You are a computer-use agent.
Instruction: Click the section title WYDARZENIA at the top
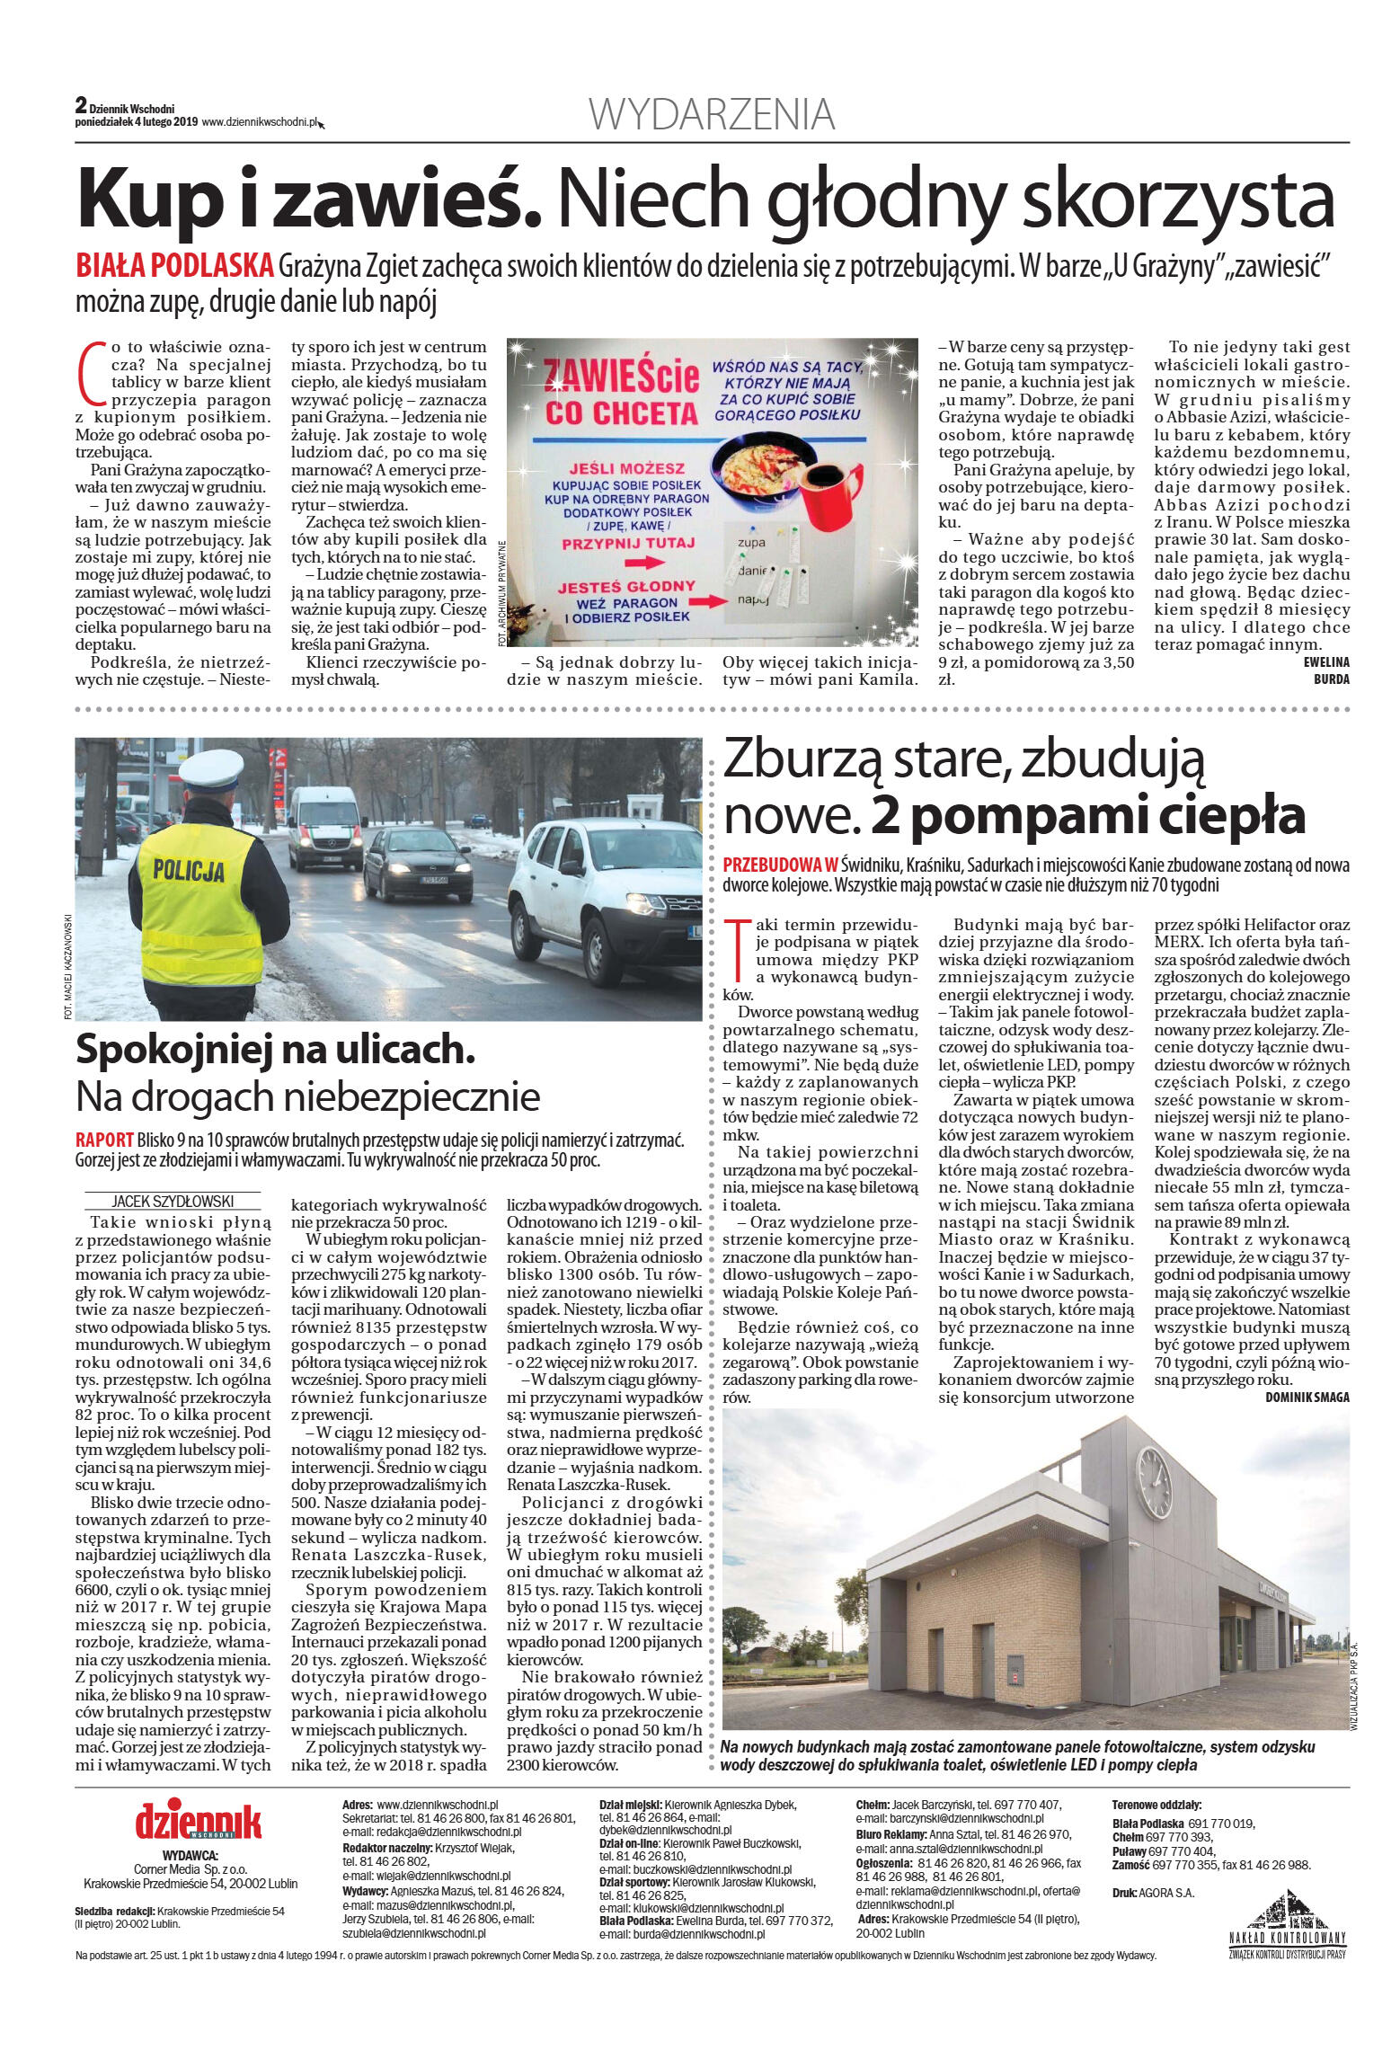[712, 115]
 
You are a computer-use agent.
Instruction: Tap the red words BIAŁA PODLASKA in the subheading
[174, 266]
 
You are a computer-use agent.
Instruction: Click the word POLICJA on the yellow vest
[189, 870]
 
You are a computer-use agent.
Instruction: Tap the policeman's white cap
[213, 767]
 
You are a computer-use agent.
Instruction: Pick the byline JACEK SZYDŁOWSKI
[173, 1201]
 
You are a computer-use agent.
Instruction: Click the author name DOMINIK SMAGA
[1307, 1397]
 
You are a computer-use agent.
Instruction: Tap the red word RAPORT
[104, 1140]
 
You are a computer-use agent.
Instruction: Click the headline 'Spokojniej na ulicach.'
[275, 1049]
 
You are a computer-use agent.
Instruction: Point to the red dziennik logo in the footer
[198, 1821]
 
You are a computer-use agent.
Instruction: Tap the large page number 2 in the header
[81, 105]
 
